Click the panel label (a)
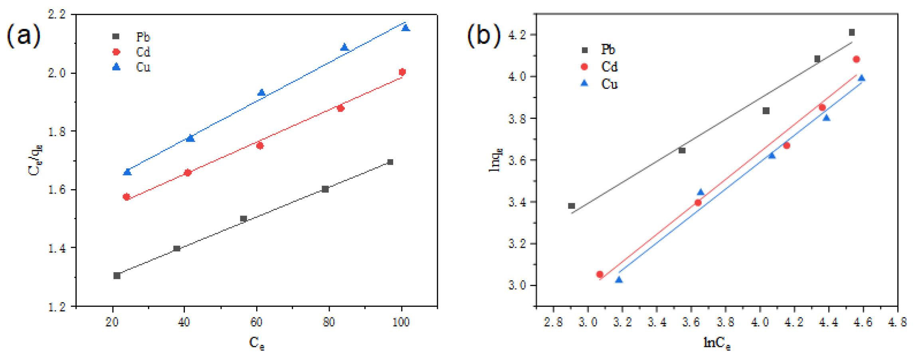tap(24, 35)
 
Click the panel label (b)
tap(484, 35)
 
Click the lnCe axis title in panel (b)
tap(717, 343)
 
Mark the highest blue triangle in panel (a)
tap(406, 28)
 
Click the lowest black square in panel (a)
tap(117, 276)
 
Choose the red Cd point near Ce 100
tap(402, 72)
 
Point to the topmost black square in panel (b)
tap(852, 33)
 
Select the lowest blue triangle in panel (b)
tap(619, 280)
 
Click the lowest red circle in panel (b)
tap(599, 274)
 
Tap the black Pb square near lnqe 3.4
tap(572, 206)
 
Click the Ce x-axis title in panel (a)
tap(256, 343)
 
